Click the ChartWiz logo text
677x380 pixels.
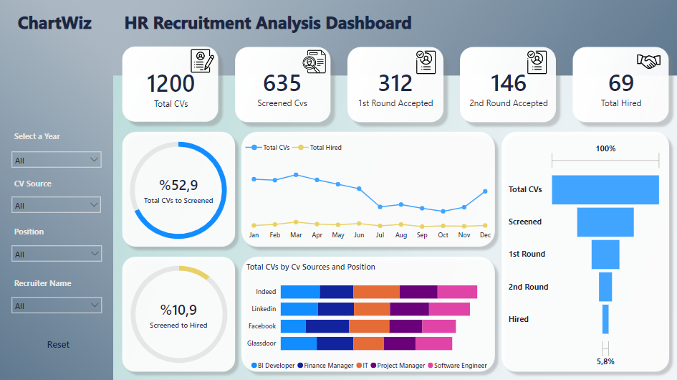[x=54, y=23]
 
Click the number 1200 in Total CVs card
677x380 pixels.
[x=171, y=83]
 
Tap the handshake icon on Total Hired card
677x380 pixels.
[x=648, y=62]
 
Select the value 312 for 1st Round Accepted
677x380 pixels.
[x=395, y=83]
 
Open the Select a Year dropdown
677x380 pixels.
[x=57, y=160]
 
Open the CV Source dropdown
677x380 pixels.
[x=57, y=206]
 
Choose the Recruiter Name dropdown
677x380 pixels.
[x=57, y=305]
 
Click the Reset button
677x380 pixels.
[x=58, y=344]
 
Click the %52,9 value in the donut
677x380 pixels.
[x=178, y=186]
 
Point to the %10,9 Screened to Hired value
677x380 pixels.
[x=178, y=310]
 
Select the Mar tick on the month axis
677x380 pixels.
[x=296, y=235]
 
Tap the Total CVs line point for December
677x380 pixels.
[x=486, y=191]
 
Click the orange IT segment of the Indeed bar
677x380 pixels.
[x=376, y=292]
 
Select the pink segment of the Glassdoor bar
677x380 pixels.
[x=433, y=343]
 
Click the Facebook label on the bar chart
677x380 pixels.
[x=262, y=326]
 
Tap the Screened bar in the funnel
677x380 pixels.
[x=605, y=222]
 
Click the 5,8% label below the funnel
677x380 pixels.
[x=605, y=361]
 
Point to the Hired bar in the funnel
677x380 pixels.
[x=605, y=319]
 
